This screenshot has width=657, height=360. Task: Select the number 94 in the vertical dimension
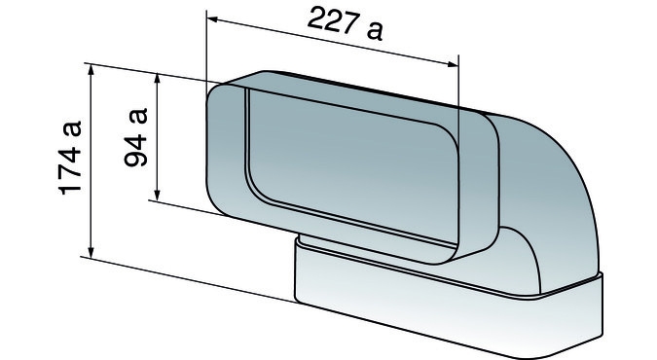pyautogui.click(x=136, y=150)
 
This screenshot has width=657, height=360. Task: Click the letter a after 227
pyautogui.click(x=374, y=30)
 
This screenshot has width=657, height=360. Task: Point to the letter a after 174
pyautogui.click(x=70, y=128)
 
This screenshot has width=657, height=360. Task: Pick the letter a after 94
pyautogui.click(x=138, y=116)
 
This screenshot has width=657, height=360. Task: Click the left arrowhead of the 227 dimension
pyautogui.click(x=212, y=18)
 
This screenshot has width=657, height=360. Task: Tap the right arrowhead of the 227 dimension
pyautogui.click(x=453, y=64)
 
